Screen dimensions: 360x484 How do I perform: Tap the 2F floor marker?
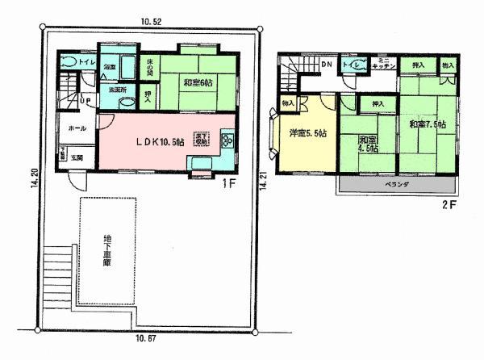tap(449, 203)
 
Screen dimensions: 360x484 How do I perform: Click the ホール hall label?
tap(77, 128)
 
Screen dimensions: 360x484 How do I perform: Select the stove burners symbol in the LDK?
tap(226, 142)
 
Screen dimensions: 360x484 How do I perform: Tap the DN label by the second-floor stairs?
tap(326, 65)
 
